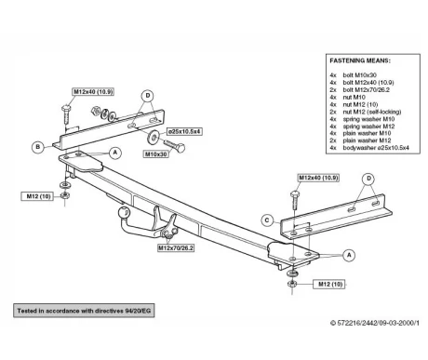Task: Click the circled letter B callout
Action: (x=38, y=147)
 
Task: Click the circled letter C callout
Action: (x=267, y=220)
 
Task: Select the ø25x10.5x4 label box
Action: (x=184, y=131)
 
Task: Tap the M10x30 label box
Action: (x=156, y=153)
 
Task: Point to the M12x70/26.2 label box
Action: (x=176, y=247)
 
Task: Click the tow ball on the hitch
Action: (x=124, y=212)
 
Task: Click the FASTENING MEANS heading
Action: (x=360, y=60)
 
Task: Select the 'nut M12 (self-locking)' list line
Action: (x=366, y=112)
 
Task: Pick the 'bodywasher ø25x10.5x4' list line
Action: (x=369, y=148)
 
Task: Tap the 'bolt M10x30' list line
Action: (x=354, y=75)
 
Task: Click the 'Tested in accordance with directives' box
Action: (x=84, y=311)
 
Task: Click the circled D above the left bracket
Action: (x=148, y=96)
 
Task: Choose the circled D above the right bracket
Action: (x=368, y=179)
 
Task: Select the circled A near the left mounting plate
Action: (x=115, y=153)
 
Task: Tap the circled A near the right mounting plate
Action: (x=349, y=255)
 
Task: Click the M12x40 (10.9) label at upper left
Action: (x=93, y=92)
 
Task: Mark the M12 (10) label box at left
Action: (x=38, y=196)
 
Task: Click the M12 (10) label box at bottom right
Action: (x=330, y=284)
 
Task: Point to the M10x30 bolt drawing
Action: (x=174, y=145)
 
